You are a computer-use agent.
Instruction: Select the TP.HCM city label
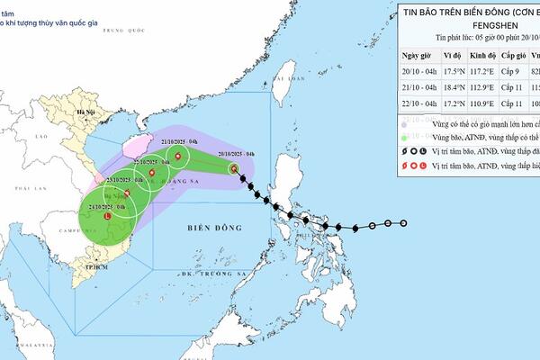click(x=87, y=267)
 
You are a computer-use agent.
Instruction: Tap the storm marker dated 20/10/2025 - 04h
click(x=234, y=168)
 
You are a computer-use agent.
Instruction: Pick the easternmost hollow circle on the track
click(x=403, y=223)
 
